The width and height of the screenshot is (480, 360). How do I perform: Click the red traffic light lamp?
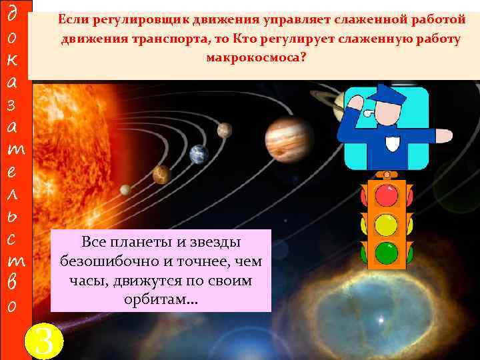coord(386,196)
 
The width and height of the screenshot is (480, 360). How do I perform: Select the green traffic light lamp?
coord(386,253)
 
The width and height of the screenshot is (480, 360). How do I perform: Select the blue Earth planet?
coord(199,155)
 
